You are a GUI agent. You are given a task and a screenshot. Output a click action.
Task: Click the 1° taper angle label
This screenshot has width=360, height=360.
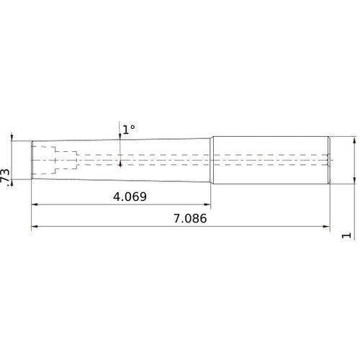pyautogui.click(x=128, y=130)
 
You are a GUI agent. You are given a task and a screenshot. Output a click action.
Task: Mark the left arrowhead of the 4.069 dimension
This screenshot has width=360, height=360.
pyautogui.click(x=35, y=205)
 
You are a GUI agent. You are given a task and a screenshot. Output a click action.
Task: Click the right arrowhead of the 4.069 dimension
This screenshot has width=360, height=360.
pyautogui.click(x=207, y=205)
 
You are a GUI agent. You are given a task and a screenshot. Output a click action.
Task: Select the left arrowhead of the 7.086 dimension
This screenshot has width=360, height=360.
pyautogui.click(x=35, y=228)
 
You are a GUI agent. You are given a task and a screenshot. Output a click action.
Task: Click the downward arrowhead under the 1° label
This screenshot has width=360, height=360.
pyautogui.click(x=120, y=138)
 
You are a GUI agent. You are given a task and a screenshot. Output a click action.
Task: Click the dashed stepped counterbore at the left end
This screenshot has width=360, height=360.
pyautogui.click(x=58, y=160)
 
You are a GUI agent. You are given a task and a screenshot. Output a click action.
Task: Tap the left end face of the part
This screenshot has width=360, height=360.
pyautogui.click(x=32, y=160)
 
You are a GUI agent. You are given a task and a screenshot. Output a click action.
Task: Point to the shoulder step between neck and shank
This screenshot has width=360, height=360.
pyautogui.click(x=211, y=160)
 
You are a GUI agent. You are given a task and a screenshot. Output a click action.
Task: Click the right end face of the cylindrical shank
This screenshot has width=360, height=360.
pyautogui.click(x=330, y=160)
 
